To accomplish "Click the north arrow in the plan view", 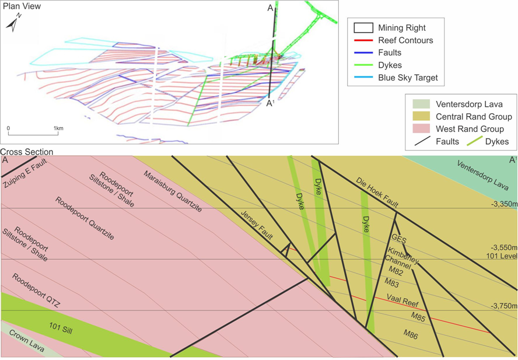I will point(13,23).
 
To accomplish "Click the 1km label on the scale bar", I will point(58,128).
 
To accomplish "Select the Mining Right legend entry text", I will point(401,28).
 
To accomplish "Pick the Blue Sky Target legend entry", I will point(407,78).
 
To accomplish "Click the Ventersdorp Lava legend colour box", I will point(421,104).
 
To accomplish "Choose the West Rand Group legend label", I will point(470,129).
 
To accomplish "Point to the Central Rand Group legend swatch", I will point(421,117).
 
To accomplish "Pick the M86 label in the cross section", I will point(411,333).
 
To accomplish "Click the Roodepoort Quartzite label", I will point(85,219).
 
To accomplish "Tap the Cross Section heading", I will point(27,152).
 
